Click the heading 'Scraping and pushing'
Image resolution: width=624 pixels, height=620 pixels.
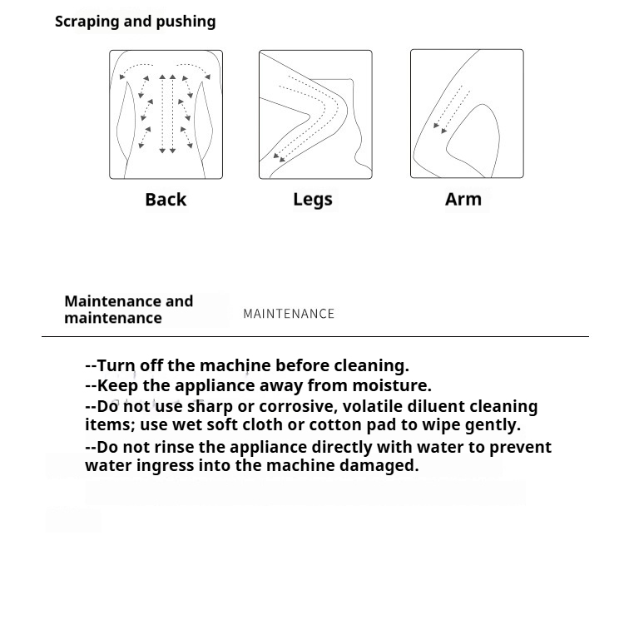(x=135, y=22)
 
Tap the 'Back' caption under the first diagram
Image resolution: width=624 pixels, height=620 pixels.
(x=166, y=200)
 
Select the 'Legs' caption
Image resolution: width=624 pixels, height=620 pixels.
(x=313, y=200)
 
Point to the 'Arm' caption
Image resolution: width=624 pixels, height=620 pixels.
(x=463, y=199)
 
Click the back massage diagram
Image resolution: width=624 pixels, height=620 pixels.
(x=166, y=114)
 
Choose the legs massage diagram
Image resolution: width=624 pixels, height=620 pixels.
(x=315, y=114)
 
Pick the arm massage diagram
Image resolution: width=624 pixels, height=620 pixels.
(x=467, y=114)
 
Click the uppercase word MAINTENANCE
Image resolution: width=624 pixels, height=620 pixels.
(x=289, y=314)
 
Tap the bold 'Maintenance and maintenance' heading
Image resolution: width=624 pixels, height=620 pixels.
(x=128, y=310)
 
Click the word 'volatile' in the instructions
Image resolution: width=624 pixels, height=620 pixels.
(x=360, y=406)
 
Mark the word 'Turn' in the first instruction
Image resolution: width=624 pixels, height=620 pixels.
(x=116, y=365)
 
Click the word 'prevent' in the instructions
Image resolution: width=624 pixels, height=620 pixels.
(x=520, y=447)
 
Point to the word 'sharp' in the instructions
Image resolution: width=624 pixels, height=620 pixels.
(x=210, y=407)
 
